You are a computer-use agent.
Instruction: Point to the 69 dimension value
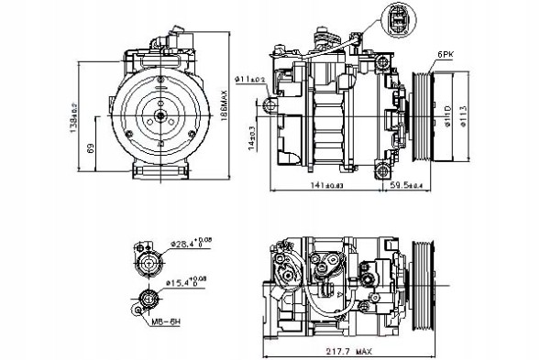[89, 149]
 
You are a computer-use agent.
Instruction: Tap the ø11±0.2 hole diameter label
[249, 81]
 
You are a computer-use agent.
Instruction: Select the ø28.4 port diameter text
[189, 244]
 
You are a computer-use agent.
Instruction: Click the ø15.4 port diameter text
[189, 281]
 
